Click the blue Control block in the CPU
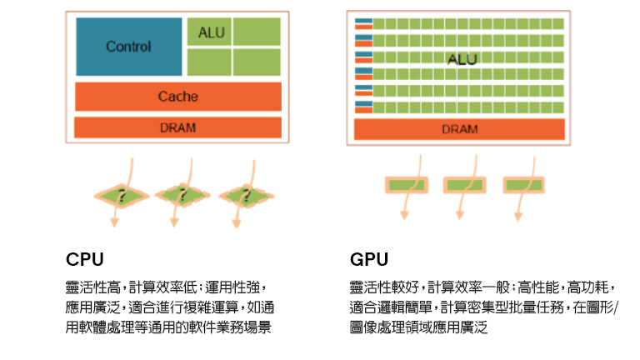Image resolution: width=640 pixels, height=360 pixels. coord(129,47)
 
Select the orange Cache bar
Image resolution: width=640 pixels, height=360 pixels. coord(177,96)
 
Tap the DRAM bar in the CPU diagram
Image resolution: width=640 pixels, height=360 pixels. coord(177,127)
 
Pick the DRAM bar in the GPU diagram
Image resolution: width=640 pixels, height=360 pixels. coord(459,129)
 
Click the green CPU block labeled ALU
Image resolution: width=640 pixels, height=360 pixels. coord(208,32)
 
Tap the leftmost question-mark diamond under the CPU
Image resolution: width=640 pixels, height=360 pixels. coord(122,196)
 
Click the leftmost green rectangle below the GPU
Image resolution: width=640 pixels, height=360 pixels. coord(405,185)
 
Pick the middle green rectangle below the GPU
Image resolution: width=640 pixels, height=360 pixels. coord(464,185)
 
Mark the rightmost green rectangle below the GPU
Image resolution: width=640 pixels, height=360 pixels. coord(523,185)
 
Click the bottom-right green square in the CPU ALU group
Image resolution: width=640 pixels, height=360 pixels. coord(257,62)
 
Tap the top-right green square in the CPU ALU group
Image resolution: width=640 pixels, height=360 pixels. coord(257,32)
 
